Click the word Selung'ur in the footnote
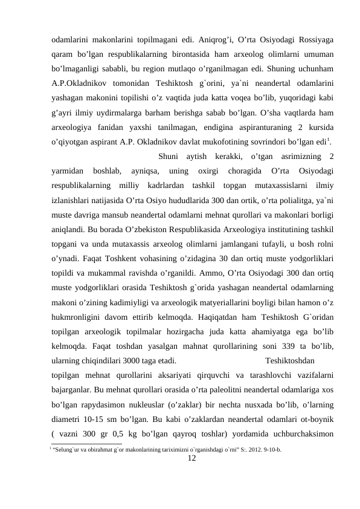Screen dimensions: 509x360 (x=66, y=450)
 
